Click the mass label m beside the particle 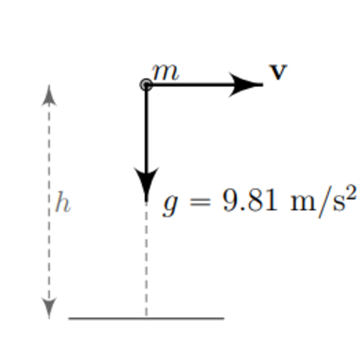[x=165, y=72]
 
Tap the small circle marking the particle [x=146, y=85]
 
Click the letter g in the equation [x=169, y=203]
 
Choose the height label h [x=61, y=202]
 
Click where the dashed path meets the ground [x=146, y=318]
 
